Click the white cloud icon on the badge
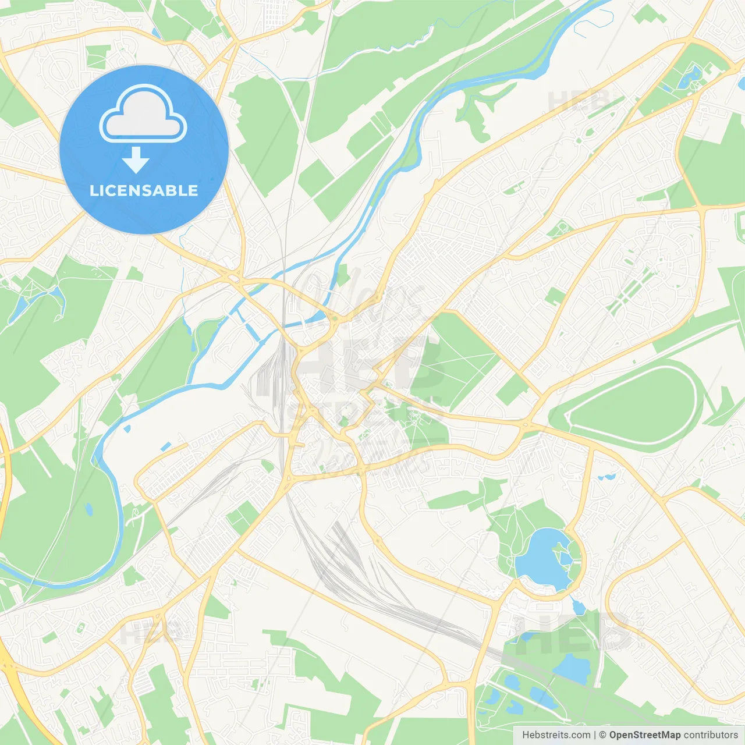pos(143,114)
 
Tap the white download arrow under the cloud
pos(136,159)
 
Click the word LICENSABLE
pos(144,190)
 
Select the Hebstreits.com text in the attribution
pos(556,735)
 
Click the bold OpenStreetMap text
pos(645,735)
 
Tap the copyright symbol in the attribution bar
pos(602,735)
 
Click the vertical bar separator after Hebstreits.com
pos(595,735)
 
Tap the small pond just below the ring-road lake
pos(578,608)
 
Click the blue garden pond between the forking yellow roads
pos(693,74)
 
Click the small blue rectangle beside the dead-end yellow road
pos(166,446)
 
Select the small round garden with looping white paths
pos(559,229)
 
